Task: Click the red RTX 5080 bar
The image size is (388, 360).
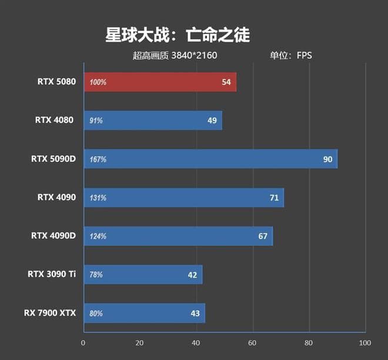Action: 160,82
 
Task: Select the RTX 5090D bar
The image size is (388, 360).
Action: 210,159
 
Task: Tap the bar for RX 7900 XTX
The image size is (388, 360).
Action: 144,313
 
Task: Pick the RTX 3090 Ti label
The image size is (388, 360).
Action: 52,274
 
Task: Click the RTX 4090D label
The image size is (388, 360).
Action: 53,236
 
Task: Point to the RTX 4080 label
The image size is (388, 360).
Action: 54,121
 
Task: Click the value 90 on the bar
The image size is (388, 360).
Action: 327,159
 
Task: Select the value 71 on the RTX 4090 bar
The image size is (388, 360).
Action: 274,198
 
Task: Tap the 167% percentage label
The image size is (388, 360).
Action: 98,159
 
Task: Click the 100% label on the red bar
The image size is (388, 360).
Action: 98,82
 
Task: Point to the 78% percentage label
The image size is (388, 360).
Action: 96,275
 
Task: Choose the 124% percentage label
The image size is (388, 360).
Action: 98,236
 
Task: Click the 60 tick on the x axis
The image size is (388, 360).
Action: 252,343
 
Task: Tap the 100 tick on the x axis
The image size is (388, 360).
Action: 364,343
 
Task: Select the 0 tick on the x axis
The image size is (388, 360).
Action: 83,343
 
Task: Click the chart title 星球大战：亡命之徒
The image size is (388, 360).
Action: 177,35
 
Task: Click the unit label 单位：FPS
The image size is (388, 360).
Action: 290,56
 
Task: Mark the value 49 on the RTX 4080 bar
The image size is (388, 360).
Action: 212,121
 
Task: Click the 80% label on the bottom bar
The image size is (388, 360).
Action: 96,313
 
